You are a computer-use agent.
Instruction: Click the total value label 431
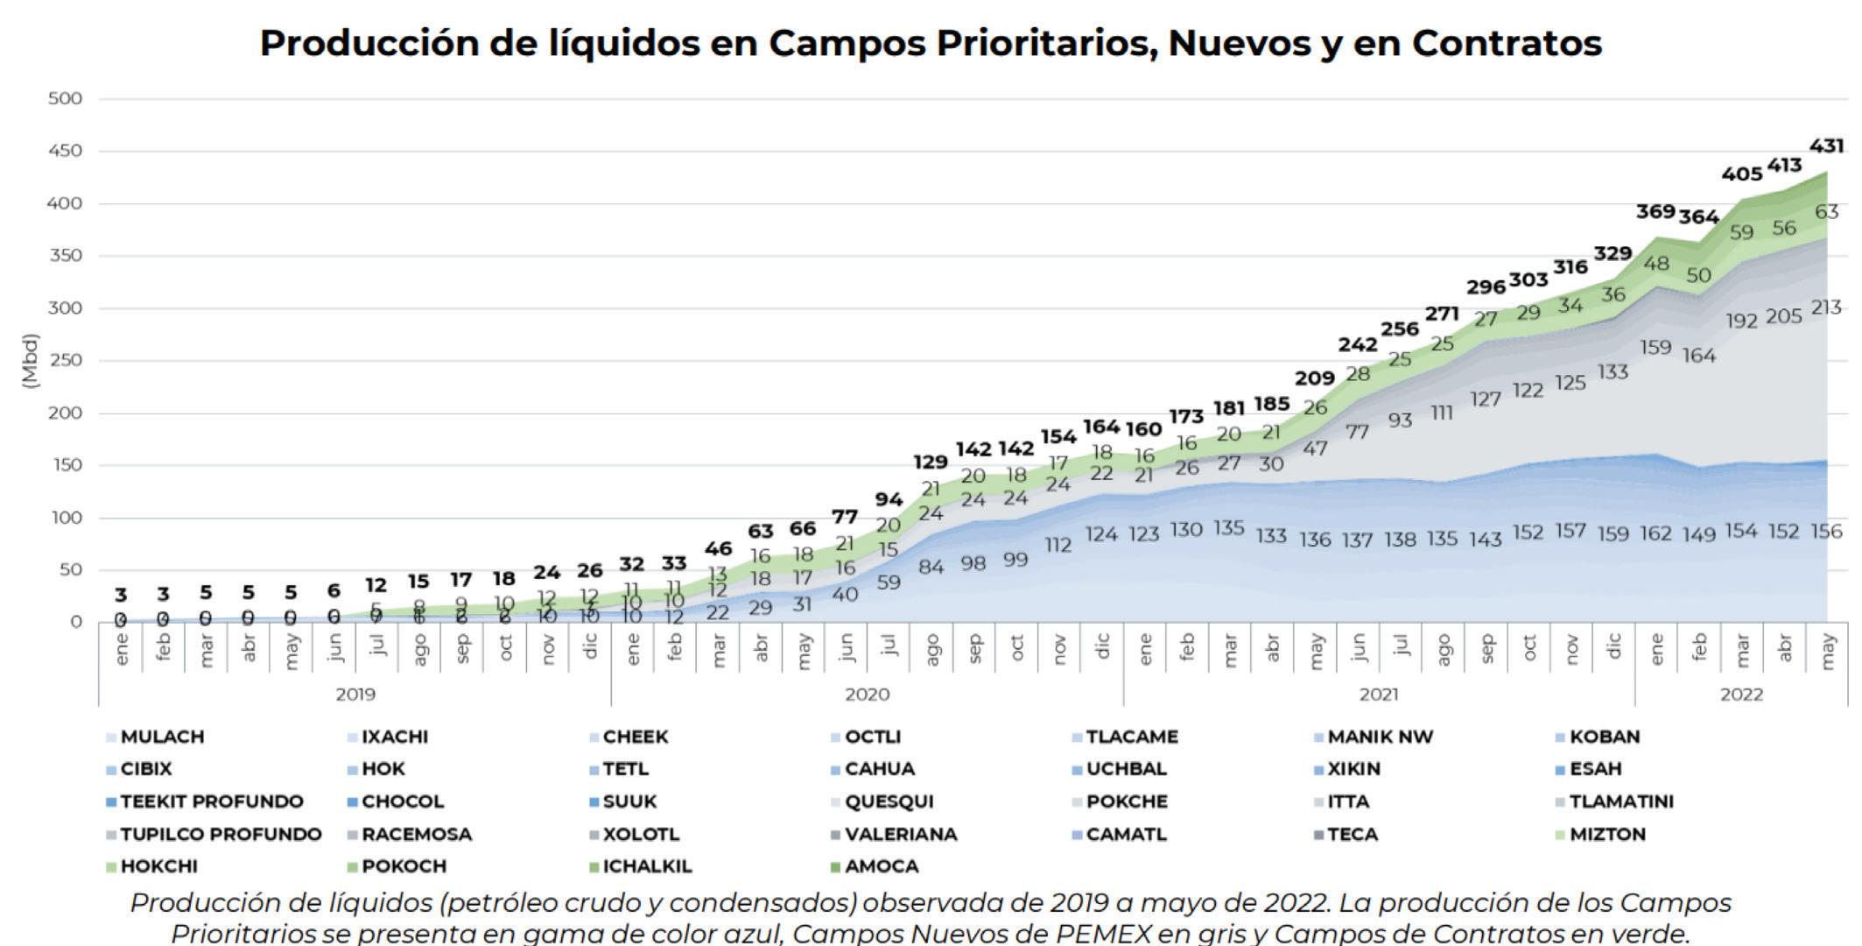1826,145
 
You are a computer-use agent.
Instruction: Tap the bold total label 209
1314,378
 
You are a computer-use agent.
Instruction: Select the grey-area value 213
1826,307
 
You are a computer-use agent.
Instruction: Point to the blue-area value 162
1655,533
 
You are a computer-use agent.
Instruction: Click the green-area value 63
1826,211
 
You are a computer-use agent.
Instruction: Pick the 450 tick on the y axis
65,151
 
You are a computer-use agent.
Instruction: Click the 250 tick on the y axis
65,360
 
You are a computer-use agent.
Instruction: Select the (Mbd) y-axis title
31,360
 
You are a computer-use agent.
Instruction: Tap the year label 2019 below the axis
355,695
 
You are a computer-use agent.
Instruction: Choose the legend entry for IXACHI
394,737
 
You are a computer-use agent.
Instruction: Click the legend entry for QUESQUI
888,801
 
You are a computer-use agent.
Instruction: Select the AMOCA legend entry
881,866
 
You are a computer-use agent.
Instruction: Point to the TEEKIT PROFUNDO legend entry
210,801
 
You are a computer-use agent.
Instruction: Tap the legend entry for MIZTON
1606,834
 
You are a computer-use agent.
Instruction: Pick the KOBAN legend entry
1604,737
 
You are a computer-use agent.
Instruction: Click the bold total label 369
1655,211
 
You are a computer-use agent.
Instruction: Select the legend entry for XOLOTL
640,834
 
